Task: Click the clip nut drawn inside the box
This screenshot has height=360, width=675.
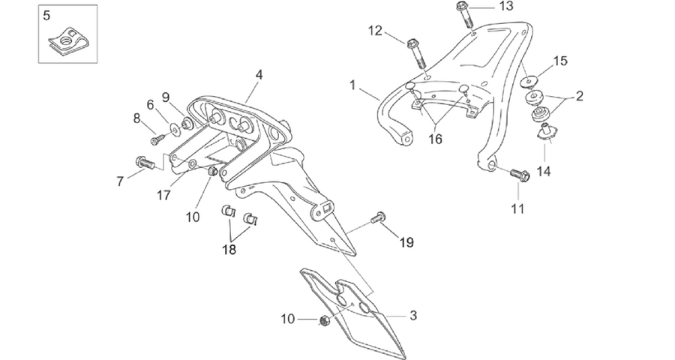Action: (x=69, y=42)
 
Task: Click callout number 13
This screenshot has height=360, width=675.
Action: (x=506, y=7)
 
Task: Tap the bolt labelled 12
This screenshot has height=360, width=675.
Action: (x=415, y=53)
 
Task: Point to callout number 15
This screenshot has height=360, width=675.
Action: (x=559, y=61)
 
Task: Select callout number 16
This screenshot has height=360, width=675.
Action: (x=435, y=139)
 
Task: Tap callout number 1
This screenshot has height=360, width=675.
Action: (x=353, y=85)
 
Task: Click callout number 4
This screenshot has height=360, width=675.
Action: (x=258, y=75)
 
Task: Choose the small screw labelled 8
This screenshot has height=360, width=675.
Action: (x=158, y=139)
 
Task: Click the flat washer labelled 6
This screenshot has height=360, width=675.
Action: (x=175, y=128)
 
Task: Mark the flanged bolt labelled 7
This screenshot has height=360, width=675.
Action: (x=145, y=163)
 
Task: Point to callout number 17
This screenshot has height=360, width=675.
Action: (x=163, y=196)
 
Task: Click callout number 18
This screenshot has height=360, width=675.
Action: (x=229, y=249)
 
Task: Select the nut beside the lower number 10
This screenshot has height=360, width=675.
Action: (x=326, y=320)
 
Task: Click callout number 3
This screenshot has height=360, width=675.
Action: (x=413, y=316)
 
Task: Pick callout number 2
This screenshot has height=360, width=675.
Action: (x=580, y=96)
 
